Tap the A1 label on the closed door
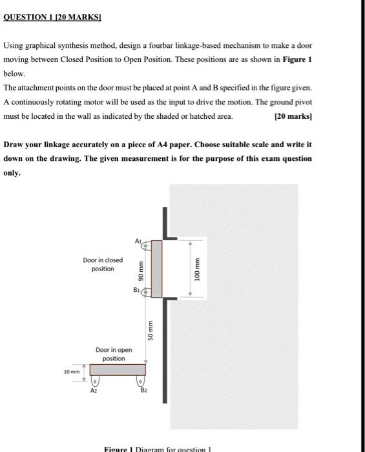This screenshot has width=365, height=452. click(138, 240)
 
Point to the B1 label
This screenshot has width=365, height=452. click(138, 289)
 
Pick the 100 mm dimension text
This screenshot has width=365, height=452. click(199, 271)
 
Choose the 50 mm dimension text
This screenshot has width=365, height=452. click(151, 331)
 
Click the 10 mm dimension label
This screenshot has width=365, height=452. click(71, 371)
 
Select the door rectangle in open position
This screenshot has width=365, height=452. click(118, 370)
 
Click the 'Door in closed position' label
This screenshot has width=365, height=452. click(103, 264)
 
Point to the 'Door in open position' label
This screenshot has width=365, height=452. click(114, 354)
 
